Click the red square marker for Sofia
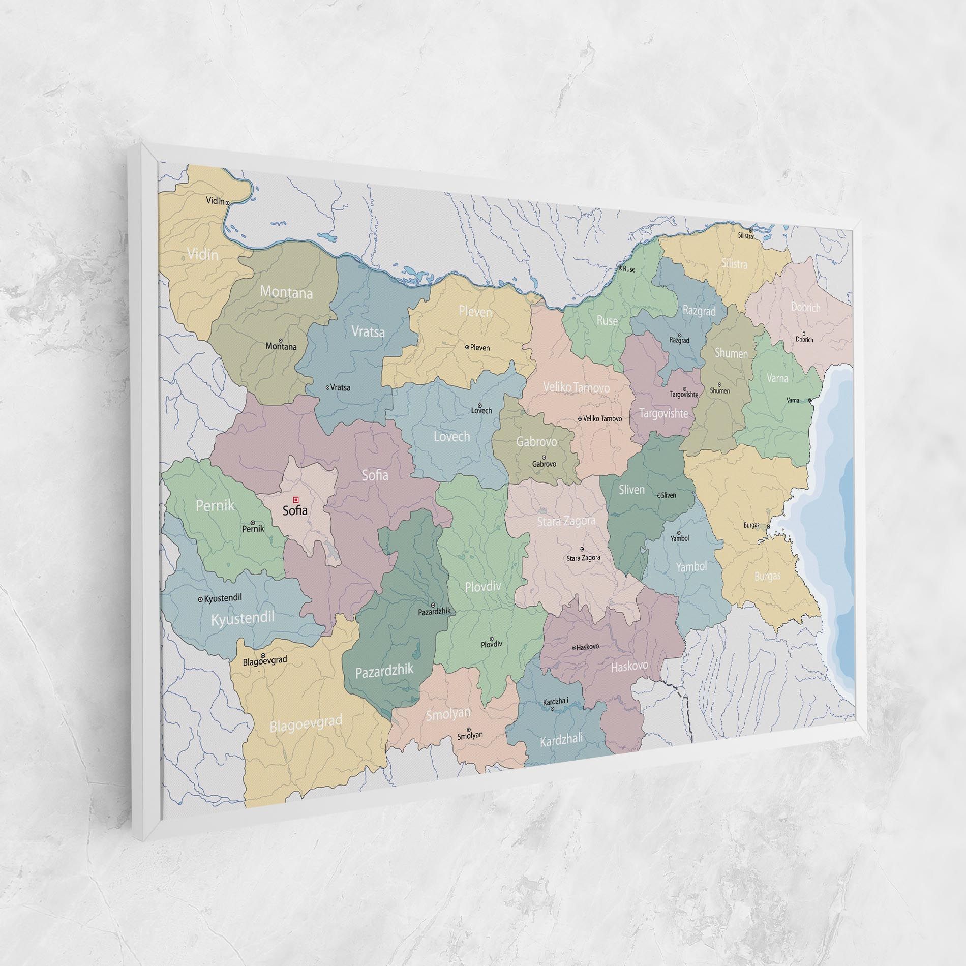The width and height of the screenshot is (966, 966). point(296,500)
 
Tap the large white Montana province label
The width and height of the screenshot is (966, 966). point(286,292)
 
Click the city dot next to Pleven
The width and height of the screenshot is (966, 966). point(467,347)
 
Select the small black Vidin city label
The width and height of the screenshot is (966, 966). point(215,201)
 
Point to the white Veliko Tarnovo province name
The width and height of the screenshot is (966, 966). point(576,387)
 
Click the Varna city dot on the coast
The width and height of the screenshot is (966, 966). point(809,400)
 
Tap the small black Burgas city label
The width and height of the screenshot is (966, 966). point(751,525)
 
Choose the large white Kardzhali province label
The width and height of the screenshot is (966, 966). point(561,739)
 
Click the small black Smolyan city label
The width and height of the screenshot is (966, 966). point(470,735)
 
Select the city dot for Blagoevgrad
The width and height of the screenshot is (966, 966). point(263,656)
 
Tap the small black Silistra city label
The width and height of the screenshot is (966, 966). point(746,236)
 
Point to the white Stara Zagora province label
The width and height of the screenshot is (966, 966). point(566,521)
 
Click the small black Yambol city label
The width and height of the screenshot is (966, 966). point(680,538)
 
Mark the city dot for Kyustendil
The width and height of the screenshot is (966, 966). point(200,599)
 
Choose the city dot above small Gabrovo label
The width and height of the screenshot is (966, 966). point(544,457)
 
